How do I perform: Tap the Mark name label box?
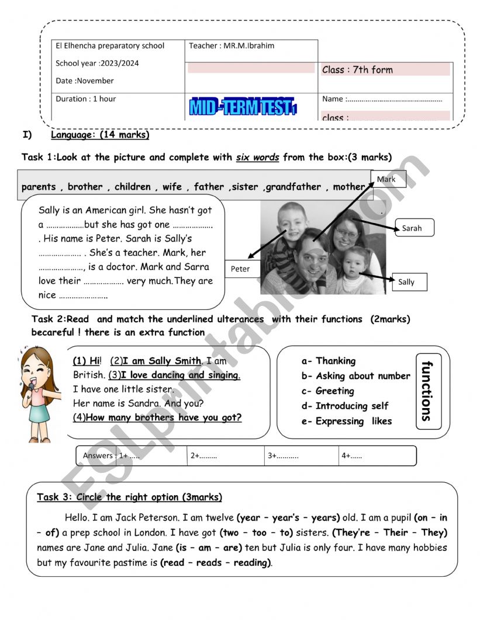click(x=388, y=179)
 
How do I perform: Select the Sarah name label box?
click(x=414, y=228)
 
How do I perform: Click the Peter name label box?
click(x=241, y=269)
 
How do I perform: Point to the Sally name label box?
click(x=409, y=281)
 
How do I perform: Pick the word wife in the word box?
click(x=172, y=187)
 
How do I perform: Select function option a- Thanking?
click(x=329, y=361)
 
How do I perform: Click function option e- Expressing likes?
click(x=347, y=421)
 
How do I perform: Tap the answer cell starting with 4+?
click(x=377, y=456)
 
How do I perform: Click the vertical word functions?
click(x=427, y=391)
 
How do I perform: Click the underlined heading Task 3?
click(x=129, y=497)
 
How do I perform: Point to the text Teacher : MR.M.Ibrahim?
click(x=232, y=46)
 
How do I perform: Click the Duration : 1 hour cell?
click(x=86, y=99)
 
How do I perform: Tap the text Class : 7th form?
click(x=357, y=69)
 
